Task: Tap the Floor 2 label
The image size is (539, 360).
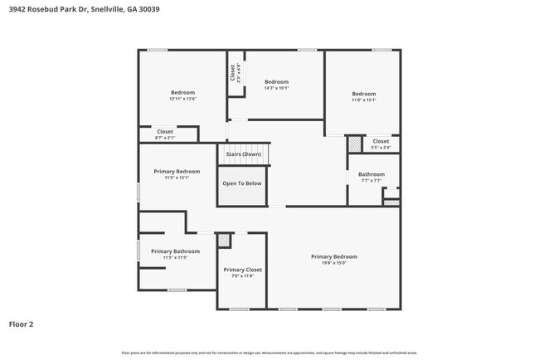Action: point(22,324)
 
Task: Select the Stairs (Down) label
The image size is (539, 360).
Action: point(244,154)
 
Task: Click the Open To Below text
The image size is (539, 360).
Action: point(242,183)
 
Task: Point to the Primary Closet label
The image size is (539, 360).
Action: point(243,270)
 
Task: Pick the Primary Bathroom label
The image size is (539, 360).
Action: point(175,251)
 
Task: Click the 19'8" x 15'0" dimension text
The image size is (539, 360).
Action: point(334,264)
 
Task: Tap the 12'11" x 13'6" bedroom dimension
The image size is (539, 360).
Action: point(182,99)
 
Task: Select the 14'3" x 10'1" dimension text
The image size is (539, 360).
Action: point(276,89)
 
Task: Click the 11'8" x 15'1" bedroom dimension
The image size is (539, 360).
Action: point(363,100)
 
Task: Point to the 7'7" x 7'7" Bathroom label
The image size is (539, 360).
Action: point(371,174)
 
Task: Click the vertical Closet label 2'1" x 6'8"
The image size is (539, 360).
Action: point(236,73)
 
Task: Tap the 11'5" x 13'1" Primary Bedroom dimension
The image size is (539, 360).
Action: point(177,178)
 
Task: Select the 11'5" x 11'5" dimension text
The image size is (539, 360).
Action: point(175,258)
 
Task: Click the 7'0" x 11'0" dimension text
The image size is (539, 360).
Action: point(243,276)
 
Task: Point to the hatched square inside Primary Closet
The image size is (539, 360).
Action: point(223,240)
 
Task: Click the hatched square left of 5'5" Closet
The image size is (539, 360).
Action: point(355,144)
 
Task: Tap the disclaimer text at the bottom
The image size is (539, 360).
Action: point(269,353)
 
